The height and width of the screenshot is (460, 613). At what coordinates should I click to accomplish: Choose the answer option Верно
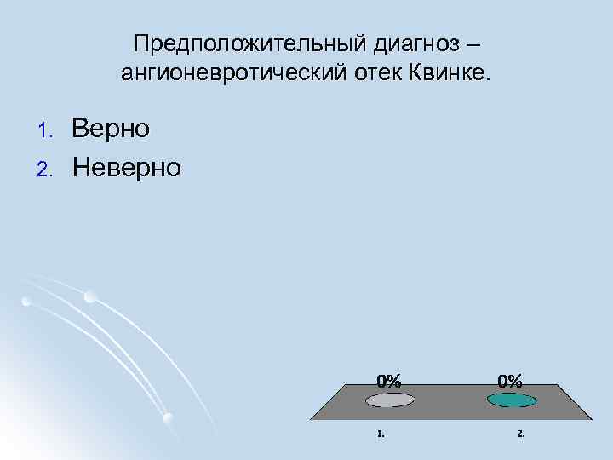tap(111, 129)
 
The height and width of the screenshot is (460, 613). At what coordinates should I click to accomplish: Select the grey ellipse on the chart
tap(390, 399)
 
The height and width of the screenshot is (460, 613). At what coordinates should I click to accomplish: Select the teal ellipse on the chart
tap(511, 400)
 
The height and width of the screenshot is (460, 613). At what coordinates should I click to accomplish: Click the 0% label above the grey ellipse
tap(389, 380)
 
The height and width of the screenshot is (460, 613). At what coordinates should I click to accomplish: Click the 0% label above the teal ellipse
tap(510, 380)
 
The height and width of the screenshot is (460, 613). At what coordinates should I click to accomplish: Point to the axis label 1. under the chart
tap(381, 434)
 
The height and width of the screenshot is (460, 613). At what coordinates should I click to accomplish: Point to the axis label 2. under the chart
tap(521, 434)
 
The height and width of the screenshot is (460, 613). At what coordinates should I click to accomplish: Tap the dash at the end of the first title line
tap(478, 43)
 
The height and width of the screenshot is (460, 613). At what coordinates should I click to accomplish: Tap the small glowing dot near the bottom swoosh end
tap(169, 417)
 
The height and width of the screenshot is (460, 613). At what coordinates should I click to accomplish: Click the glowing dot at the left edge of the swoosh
tap(26, 301)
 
